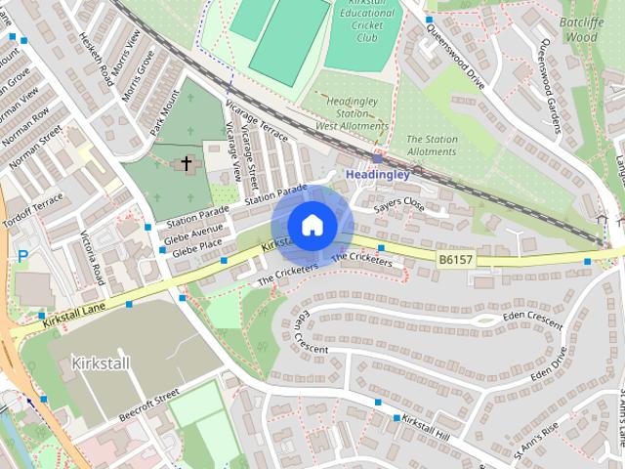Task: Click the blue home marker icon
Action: coord(312,225)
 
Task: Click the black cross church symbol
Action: coord(186,163)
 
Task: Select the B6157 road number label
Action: coord(454,260)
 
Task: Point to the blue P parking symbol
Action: coord(21,256)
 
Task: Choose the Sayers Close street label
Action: coord(399,205)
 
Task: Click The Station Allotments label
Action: coord(431,145)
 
